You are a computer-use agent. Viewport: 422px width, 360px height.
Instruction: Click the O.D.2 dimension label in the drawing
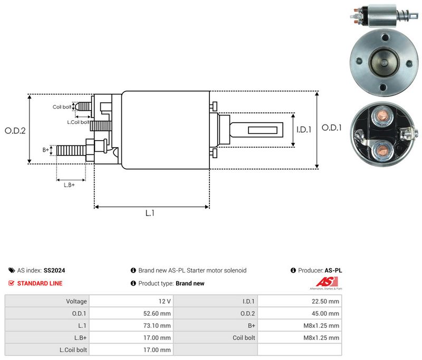tap(15, 131)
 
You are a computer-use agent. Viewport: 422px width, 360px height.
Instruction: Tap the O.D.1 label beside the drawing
tap(332, 128)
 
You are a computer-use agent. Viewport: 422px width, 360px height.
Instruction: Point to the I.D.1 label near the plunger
tap(304, 130)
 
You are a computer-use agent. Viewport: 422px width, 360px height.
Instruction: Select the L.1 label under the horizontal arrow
tap(150, 213)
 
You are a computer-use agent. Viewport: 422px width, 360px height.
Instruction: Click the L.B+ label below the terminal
tap(69, 185)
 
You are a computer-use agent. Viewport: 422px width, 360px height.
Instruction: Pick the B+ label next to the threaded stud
tap(46, 150)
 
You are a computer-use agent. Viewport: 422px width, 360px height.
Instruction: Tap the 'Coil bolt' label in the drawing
tap(62, 107)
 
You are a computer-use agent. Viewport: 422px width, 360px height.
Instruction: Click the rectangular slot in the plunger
tap(263, 130)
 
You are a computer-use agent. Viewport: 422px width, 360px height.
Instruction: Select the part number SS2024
tap(54, 270)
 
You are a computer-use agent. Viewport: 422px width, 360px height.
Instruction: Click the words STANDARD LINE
tap(40, 284)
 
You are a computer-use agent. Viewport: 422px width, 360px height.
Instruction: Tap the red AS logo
tap(327, 282)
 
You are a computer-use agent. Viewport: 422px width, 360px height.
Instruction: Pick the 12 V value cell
tap(165, 301)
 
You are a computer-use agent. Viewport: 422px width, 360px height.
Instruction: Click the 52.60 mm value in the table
tap(157, 314)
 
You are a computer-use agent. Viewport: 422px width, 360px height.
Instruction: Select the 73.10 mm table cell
tap(157, 326)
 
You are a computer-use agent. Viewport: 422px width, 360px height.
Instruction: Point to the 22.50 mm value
tap(325, 301)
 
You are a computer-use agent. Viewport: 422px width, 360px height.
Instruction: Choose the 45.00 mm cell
tap(325, 314)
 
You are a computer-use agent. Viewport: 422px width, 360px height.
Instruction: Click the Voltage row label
tap(76, 301)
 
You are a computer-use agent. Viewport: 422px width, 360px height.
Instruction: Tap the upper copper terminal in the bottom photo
tap(382, 116)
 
